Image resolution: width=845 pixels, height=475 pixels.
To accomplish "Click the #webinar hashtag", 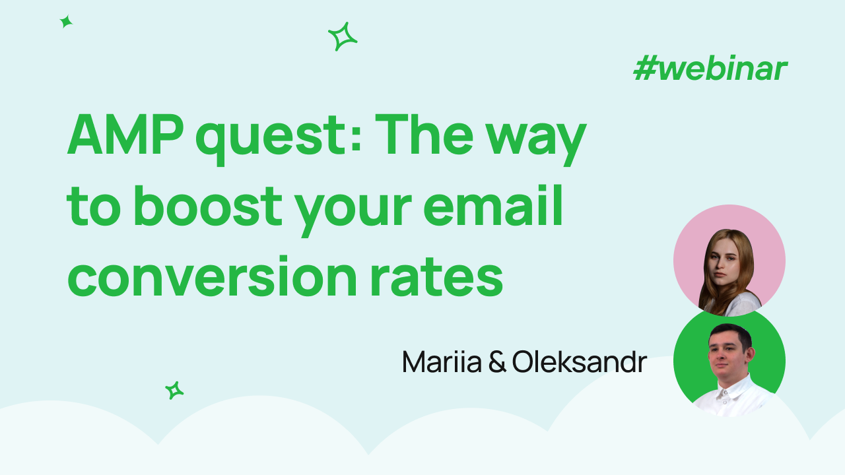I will (x=710, y=69).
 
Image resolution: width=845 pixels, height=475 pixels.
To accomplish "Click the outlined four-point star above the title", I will (x=342, y=37).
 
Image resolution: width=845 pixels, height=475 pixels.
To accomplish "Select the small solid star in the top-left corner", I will (x=66, y=22).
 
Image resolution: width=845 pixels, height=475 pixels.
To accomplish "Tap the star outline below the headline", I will (x=174, y=391).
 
